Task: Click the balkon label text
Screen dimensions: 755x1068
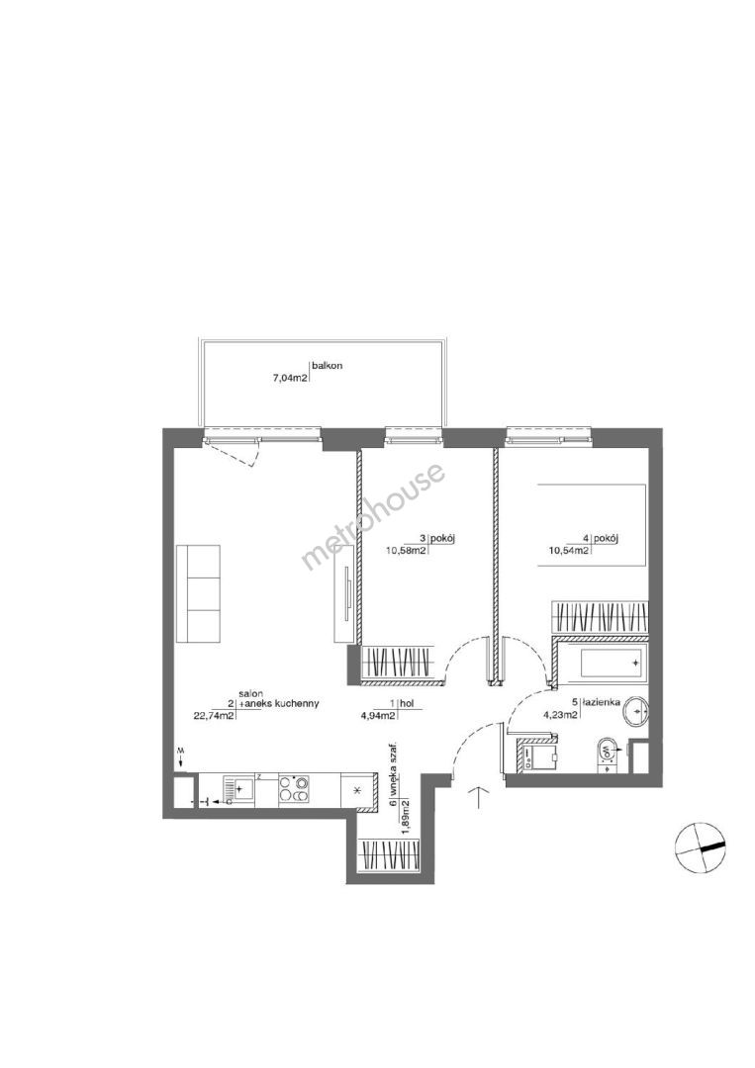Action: click(328, 366)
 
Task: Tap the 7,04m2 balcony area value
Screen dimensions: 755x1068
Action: click(291, 375)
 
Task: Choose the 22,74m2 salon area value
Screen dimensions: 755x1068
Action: click(215, 715)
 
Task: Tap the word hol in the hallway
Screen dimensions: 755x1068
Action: click(406, 705)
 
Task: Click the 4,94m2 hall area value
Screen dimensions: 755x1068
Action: click(378, 715)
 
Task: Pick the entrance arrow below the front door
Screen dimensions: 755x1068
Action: click(480, 798)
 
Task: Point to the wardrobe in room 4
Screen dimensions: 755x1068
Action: click(599, 617)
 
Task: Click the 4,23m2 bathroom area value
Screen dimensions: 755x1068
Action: click(560, 715)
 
